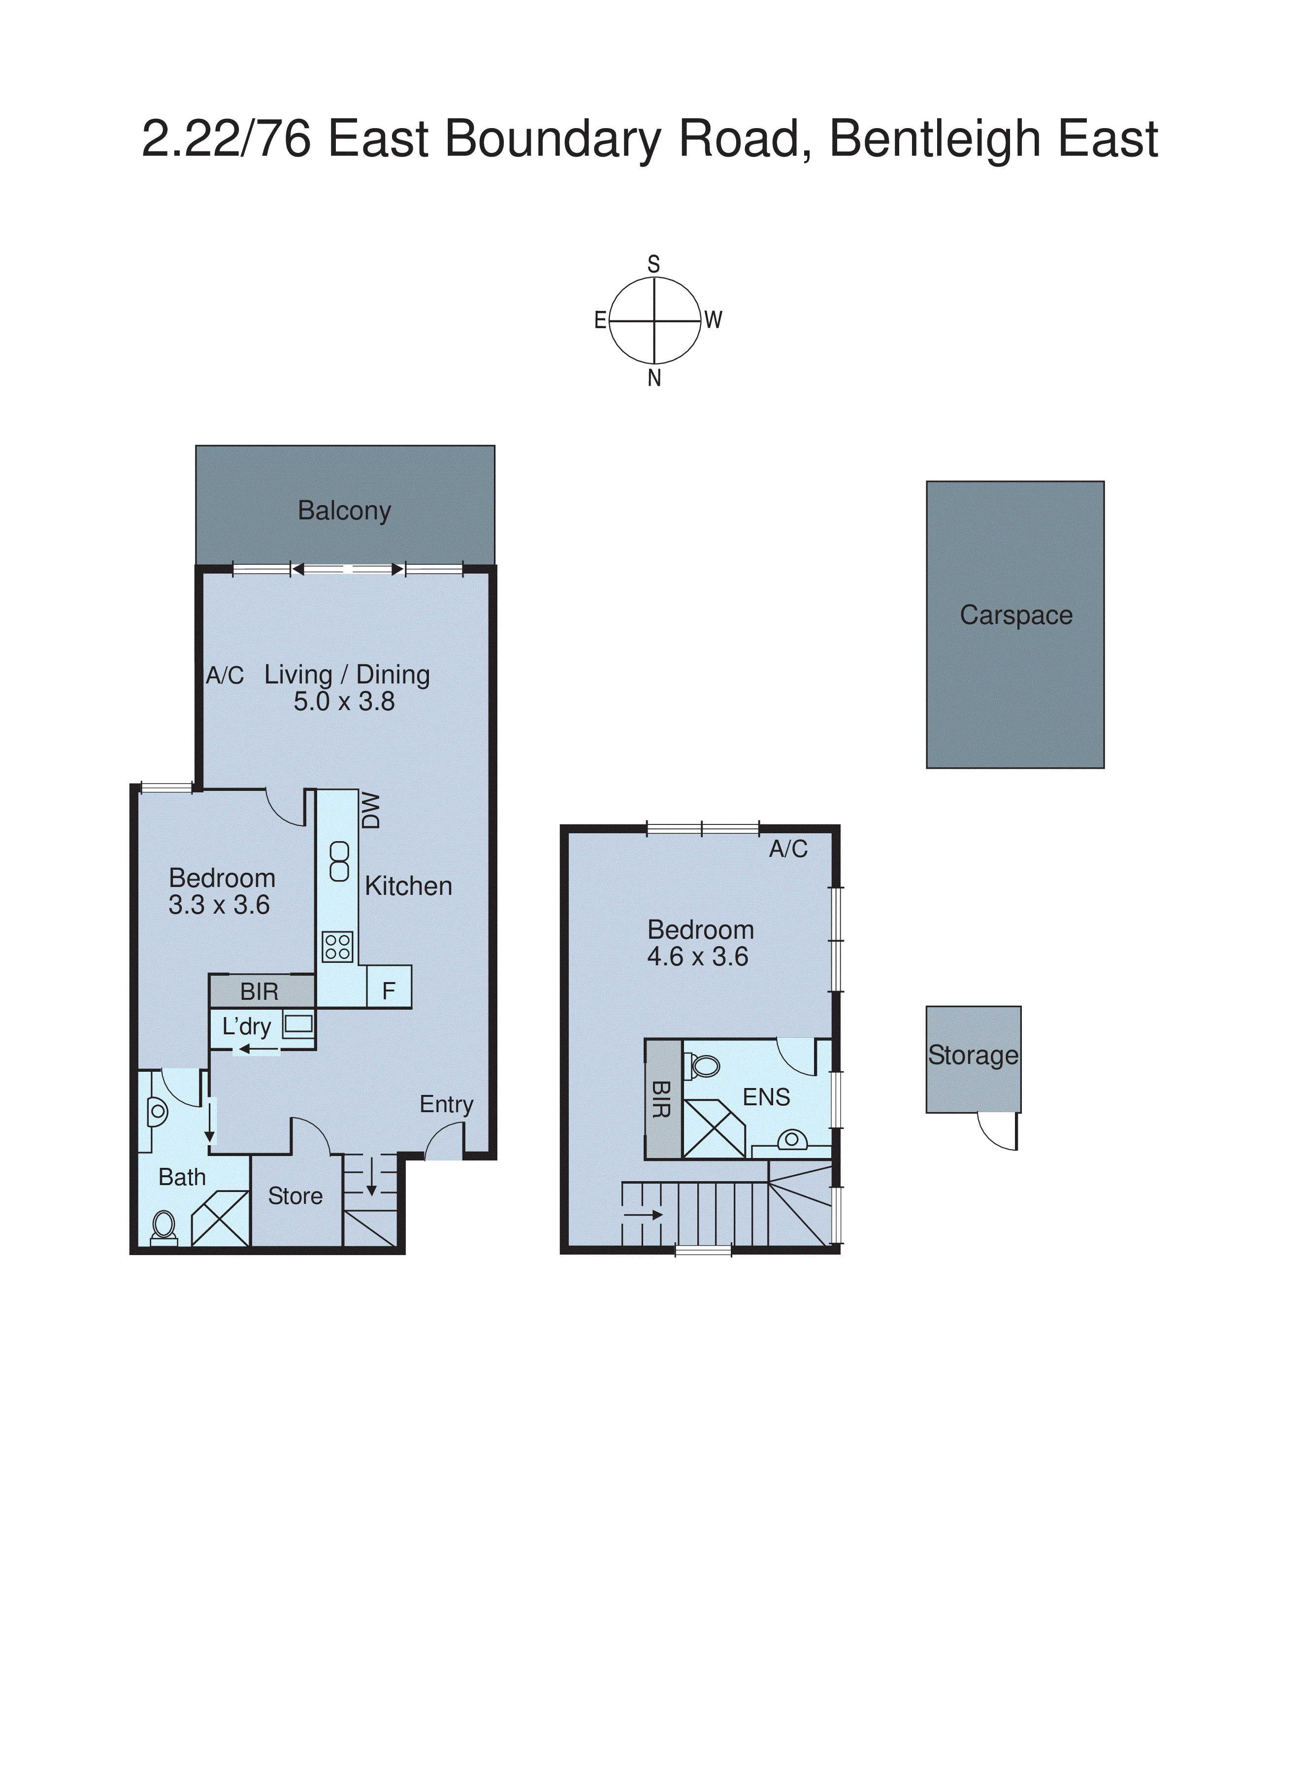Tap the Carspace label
(1016, 615)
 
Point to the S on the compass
(653, 264)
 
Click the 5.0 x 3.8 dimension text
(344, 702)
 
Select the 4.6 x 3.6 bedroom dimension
(697, 957)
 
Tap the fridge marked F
(389, 990)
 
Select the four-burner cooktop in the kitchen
(337, 947)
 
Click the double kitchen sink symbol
(339, 861)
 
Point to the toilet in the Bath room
(163, 1226)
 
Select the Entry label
(446, 1104)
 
